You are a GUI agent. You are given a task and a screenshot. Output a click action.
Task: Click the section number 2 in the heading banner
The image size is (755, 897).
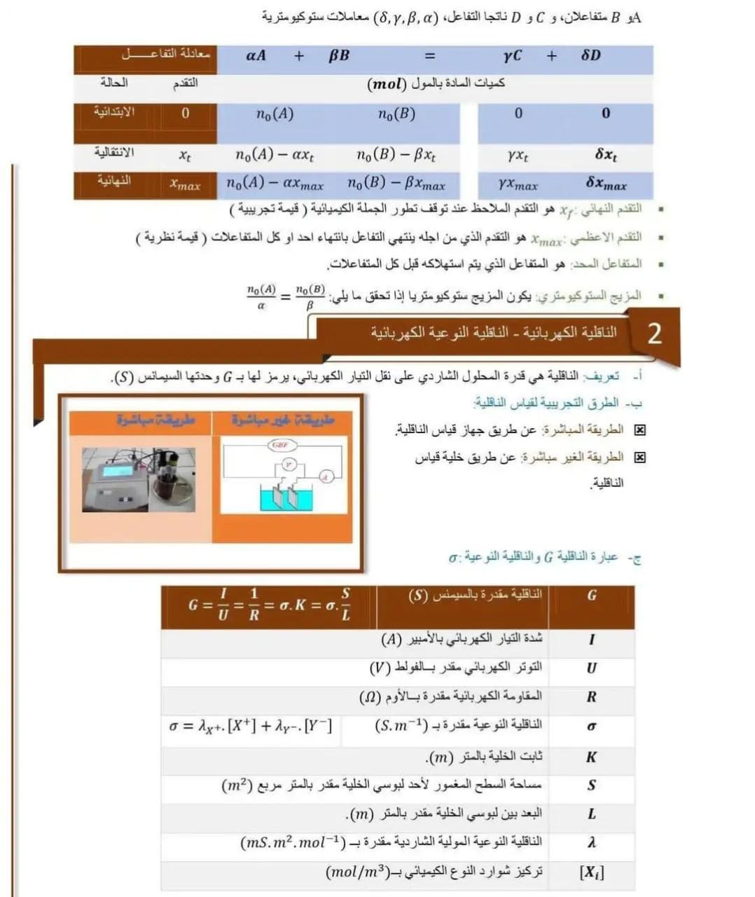click(x=654, y=334)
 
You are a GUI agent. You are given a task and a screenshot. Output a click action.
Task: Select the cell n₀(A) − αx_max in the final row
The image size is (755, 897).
click(x=275, y=184)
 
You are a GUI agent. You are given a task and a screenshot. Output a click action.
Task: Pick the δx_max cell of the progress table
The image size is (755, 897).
click(x=607, y=184)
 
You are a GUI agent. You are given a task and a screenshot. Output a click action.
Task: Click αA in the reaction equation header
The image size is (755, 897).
click(x=256, y=55)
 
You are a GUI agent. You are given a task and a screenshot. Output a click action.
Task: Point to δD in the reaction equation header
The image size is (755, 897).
click(x=590, y=55)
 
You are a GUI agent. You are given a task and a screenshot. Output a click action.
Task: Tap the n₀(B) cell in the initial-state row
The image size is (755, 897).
click(x=396, y=114)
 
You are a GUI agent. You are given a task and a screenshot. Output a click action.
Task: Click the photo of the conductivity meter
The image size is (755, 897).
click(x=139, y=479)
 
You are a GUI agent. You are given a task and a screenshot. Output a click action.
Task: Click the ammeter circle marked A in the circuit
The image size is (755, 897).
click(x=324, y=477)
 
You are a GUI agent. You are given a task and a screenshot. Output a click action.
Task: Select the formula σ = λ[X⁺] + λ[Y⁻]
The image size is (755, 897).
click(x=251, y=726)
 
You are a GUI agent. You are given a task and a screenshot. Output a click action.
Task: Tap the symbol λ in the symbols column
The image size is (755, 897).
click(x=592, y=843)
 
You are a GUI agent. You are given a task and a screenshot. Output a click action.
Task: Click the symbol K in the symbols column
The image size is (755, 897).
click(x=591, y=757)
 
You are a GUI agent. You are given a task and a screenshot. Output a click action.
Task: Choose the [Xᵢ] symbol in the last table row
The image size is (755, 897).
click(x=592, y=873)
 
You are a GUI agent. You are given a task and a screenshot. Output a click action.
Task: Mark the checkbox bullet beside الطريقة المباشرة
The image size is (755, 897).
click(x=639, y=430)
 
